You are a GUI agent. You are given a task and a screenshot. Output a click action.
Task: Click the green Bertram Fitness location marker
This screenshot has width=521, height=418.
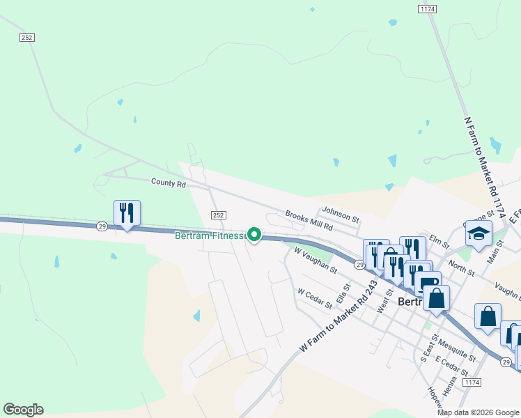(x=255, y=235)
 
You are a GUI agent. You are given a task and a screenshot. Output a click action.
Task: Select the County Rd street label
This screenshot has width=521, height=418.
(x=169, y=183)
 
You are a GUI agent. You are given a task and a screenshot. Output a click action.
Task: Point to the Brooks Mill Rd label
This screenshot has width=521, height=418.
(x=309, y=221)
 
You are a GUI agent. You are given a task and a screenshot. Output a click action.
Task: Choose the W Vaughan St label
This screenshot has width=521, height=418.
(x=315, y=259)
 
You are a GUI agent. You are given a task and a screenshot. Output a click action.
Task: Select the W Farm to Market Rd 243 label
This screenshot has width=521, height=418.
(x=338, y=316)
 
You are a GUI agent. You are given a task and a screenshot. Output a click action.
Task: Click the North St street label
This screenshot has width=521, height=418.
(x=460, y=265)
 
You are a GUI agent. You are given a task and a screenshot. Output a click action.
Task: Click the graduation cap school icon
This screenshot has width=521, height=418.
(x=479, y=234)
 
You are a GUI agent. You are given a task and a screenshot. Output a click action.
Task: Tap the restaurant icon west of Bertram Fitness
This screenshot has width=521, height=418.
(x=127, y=212)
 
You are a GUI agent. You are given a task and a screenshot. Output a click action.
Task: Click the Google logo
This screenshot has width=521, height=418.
(x=23, y=410)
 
